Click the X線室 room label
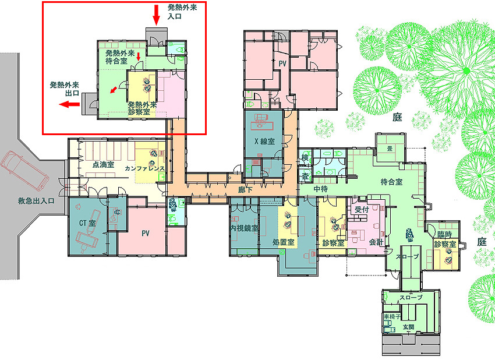(264, 142)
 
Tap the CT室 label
(87, 223)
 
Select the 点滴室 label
(103, 164)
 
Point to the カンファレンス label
(144, 168)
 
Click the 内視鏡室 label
(244, 228)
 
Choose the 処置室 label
(283, 242)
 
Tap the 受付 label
(362, 209)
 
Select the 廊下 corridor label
(245, 189)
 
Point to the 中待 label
(320, 189)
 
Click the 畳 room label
(390, 148)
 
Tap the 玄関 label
(408, 327)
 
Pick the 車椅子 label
(392, 316)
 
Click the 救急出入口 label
(36, 201)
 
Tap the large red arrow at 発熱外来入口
(156, 15)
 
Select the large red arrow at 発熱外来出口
(69, 104)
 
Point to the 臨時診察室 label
(445, 239)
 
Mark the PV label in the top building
(282, 63)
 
